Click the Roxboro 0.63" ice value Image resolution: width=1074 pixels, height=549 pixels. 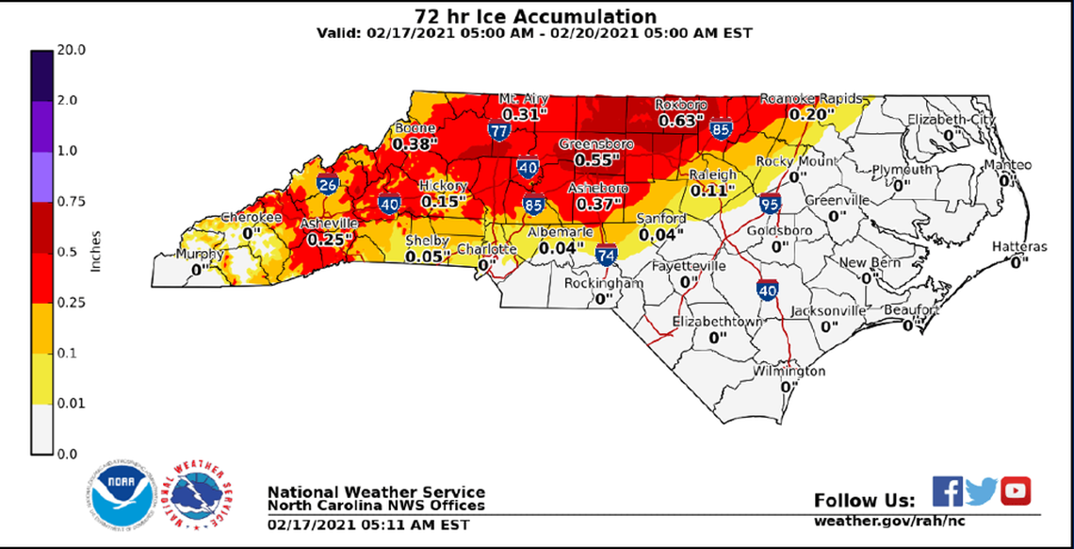click(680, 121)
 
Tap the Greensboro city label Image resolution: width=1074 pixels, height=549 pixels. click(596, 144)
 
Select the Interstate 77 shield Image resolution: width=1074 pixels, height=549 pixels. click(499, 130)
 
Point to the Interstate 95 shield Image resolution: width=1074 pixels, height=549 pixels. click(769, 202)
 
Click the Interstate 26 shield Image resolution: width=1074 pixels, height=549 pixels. click(328, 184)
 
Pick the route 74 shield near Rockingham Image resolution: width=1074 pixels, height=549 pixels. click(608, 255)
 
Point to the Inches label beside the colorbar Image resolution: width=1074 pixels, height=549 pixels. click(95, 251)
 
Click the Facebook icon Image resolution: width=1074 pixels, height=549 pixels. click(947, 491)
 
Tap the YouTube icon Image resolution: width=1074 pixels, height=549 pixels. click(1016, 491)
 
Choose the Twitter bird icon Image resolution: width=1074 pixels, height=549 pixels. click(981, 491)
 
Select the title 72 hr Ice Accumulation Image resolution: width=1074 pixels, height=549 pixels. click(536, 16)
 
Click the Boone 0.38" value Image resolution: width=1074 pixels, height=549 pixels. click(411, 144)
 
